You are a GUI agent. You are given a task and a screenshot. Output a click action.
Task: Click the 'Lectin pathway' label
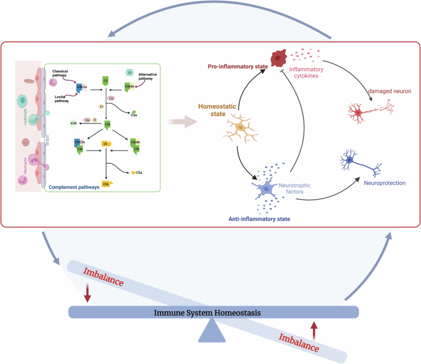61,98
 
